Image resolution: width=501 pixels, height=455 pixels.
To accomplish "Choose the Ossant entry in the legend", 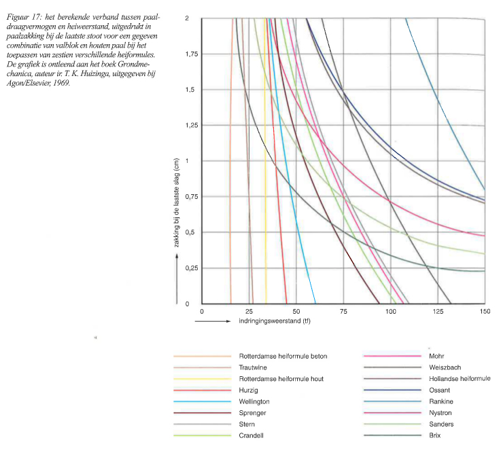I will (x=440, y=390).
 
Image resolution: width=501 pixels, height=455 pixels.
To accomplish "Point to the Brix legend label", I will (x=436, y=435).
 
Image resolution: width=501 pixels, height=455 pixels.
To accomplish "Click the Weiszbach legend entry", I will (x=446, y=367).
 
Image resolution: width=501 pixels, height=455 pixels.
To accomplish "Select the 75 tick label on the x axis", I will (x=343, y=310).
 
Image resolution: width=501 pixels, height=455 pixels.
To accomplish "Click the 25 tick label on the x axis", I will (x=248, y=310).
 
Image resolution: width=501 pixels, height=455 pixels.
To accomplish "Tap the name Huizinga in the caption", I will (x=112, y=72).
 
